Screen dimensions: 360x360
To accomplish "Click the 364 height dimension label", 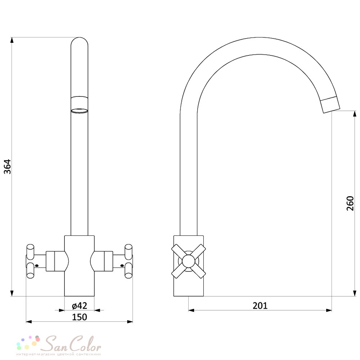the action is pos(8,166).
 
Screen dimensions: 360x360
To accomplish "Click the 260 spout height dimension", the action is pos(350,203).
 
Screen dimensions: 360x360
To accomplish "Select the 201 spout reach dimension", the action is pos(260,306).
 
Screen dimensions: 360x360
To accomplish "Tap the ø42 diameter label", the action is pos(80,306).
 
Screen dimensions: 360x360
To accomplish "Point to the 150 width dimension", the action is pos(80,317).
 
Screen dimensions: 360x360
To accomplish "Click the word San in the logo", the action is pos(55,344).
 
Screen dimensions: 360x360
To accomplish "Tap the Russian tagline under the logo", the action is pos(59,355).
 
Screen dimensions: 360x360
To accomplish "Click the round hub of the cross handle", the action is pos(189,261).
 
